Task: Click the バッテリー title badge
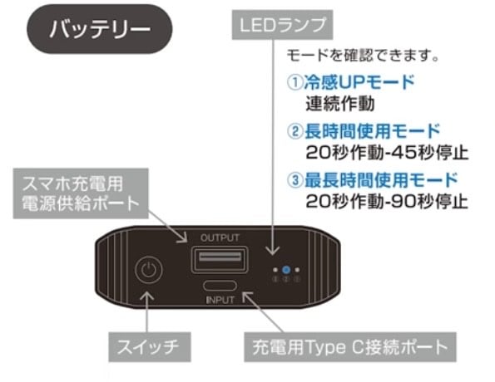coord(100,29)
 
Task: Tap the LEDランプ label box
coord(282,25)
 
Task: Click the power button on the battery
coord(149,270)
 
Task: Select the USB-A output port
coord(220,259)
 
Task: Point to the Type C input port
coord(220,286)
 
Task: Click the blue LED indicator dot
coord(286,270)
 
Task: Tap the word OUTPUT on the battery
coord(220,238)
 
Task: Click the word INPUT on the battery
coord(220,300)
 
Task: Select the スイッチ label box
coord(150,347)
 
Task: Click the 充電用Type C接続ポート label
coord(350,346)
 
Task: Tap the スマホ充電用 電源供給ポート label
coord(81,193)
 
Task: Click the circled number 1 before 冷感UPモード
coord(295,82)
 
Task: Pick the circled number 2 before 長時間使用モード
coord(295,131)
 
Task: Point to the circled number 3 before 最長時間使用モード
coord(295,180)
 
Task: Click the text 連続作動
coord(340,104)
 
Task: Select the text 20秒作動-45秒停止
coord(387,153)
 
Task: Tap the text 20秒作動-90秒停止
coord(387,202)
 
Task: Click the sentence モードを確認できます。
coord(363,55)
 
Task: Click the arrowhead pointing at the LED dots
coord(272,250)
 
